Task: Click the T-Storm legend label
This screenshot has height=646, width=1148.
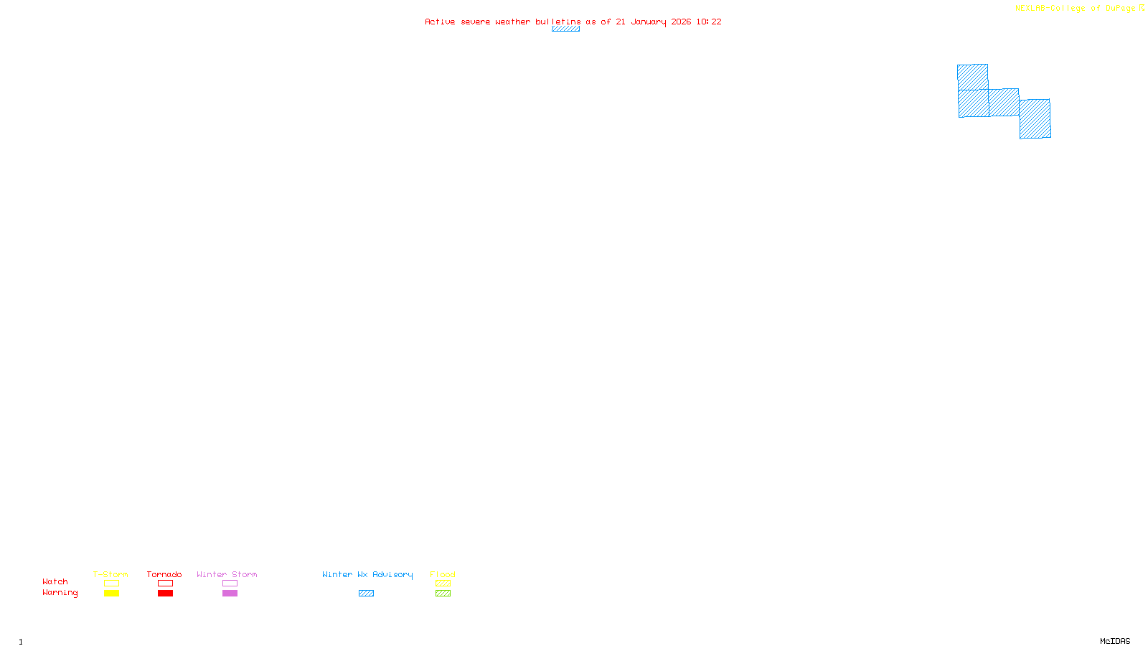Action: tap(110, 574)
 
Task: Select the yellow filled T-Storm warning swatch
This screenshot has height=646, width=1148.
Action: tap(111, 594)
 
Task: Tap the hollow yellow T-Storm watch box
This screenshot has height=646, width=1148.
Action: tap(111, 584)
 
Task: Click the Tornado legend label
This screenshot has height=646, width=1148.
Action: tap(164, 574)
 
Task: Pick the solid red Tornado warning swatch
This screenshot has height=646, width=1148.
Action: tap(165, 594)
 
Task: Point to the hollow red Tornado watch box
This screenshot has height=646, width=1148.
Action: tap(165, 584)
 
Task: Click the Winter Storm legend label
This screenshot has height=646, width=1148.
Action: tap(227, 574)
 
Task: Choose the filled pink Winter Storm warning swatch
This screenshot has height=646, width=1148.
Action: tap(230, 594)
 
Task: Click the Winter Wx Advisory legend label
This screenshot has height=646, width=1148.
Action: tap(367, 574)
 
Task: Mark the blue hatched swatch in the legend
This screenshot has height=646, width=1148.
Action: tap(366, 594)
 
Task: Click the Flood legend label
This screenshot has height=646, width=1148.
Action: tap(443, 574)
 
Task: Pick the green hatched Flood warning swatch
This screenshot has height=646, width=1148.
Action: tap(443, 594)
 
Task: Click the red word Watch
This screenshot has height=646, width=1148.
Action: tap(55, 581)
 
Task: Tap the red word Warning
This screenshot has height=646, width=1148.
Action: tap(60, 593)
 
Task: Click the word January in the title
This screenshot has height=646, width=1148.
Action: tap(649, 22)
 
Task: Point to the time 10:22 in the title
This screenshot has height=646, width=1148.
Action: tap(709, 22)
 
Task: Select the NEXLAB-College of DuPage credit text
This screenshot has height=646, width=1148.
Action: tap(1076, 8)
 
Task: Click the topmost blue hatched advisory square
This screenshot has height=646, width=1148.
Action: tap(972, 77)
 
